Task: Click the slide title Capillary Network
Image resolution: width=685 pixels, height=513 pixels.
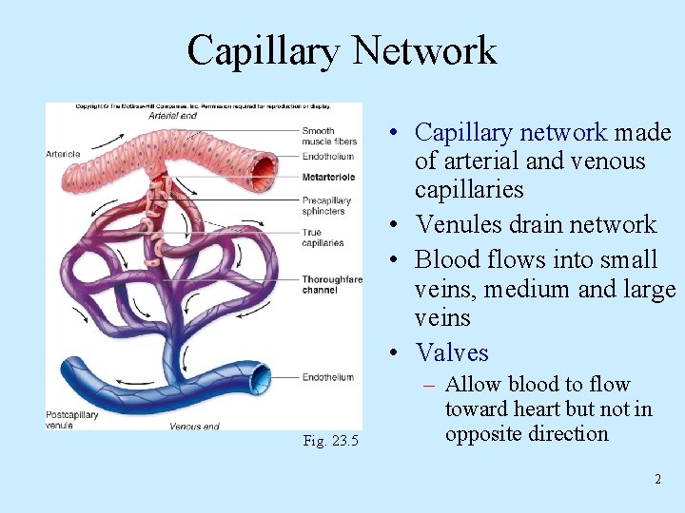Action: click(342, 50)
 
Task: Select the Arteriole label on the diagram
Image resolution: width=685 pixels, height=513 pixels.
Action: click(63, 153)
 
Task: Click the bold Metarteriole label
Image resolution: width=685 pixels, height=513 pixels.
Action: click(329, 177)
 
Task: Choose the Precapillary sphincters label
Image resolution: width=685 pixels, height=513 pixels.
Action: click(327, 206)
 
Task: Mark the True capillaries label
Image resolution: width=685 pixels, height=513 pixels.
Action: click(323, 238)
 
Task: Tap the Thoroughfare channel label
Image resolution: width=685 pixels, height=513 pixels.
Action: click(332, 284)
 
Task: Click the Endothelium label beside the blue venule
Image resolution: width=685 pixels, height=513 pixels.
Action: click(327, 378)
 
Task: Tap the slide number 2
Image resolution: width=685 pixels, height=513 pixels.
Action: click(657, 479)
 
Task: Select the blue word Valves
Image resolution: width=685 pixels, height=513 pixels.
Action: click(452, 352)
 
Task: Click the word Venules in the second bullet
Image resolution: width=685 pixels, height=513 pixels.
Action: click(456, 225)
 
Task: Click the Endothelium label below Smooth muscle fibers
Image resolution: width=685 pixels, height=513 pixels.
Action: click(327, 157)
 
